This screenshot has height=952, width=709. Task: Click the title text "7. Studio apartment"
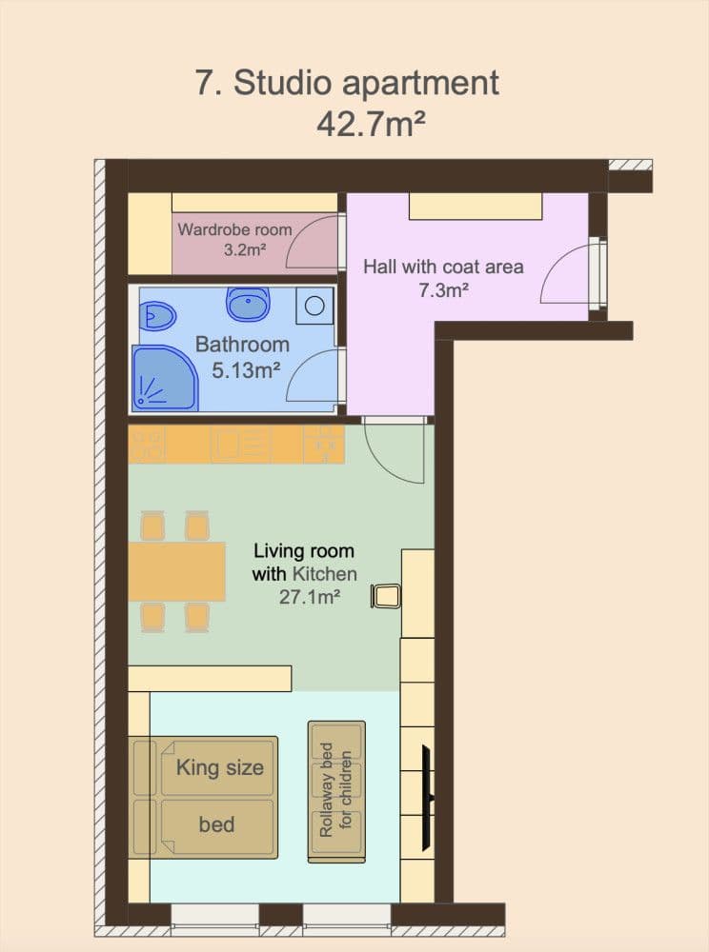[347, 83]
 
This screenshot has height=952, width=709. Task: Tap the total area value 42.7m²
[370, 125]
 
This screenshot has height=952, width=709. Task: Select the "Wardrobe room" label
[234, 229]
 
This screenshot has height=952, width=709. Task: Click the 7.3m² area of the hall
[443, 290]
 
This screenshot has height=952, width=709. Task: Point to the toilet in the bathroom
[157, 314]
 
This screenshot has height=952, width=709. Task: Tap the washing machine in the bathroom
[314, 305]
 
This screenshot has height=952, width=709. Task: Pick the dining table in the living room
[177, 571]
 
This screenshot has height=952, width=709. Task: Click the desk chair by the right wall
[386, 596]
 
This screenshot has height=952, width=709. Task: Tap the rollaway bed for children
[336, 792]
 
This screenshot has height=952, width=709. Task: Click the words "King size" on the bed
[219, 767]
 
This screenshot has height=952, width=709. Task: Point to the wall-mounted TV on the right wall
[429, 773]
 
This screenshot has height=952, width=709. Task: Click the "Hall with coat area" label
[443, 267]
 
